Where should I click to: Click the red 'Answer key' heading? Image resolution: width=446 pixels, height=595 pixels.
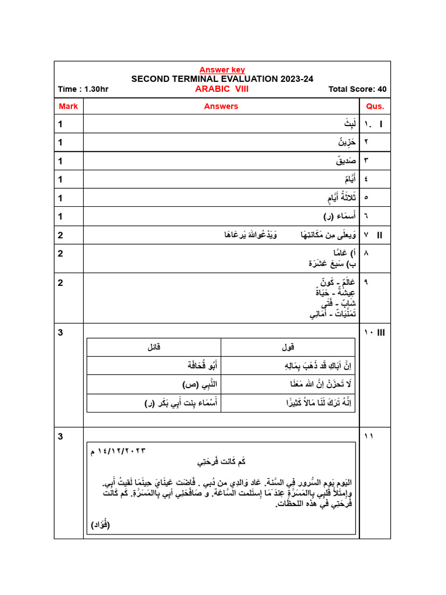[222, 70]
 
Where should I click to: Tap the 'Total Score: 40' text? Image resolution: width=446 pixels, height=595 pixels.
[357, 89]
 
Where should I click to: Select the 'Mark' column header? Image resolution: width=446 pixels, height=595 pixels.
[69, 106]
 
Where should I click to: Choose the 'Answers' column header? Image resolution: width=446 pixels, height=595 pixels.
[221, 106]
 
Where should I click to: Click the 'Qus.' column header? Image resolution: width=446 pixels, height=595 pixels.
[375, 106]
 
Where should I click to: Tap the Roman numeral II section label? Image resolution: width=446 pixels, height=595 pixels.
[380, 235]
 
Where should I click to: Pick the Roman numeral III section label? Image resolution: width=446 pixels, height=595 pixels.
[382, 332]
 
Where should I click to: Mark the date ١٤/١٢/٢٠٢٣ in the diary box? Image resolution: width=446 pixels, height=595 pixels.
[118, 450]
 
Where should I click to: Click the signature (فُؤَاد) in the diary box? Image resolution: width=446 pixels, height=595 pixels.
[100, 525]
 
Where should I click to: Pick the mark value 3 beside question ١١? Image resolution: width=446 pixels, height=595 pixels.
[60, 436]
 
